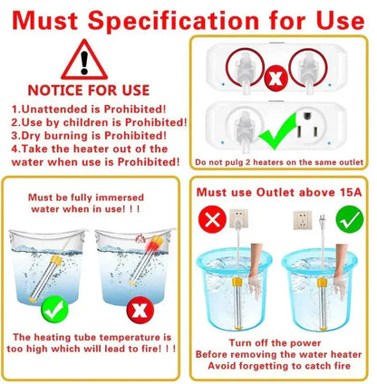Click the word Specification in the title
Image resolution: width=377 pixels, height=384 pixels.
(x=173, y=22)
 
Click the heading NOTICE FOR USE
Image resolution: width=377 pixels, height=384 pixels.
(x=89, y=91)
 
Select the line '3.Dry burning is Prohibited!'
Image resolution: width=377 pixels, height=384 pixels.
(x=89, y=136)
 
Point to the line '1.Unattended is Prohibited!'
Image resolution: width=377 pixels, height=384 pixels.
(x=89, y=109)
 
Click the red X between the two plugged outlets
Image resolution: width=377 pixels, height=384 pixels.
(x=275, y=78)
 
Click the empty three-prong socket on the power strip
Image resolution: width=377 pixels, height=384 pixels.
(x=307, y=125)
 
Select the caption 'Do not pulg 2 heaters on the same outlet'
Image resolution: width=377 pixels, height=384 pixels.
(x=279, y=162)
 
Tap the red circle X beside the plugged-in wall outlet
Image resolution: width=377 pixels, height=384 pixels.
(x=212, y=219)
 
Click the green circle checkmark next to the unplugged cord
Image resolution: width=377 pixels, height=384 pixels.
(x=350, y=219)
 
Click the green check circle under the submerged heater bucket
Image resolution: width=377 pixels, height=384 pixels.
(x=54, y=310)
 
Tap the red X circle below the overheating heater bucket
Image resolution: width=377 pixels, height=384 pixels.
(x=140, y=310)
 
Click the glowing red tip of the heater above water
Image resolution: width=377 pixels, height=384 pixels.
(x=154, y=243)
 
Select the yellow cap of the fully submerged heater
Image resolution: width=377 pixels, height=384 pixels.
(x=56, y=260)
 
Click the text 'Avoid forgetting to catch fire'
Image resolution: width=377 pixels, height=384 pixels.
(x=279, y=366)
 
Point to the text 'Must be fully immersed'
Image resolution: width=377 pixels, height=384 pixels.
(x=86, y=197)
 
